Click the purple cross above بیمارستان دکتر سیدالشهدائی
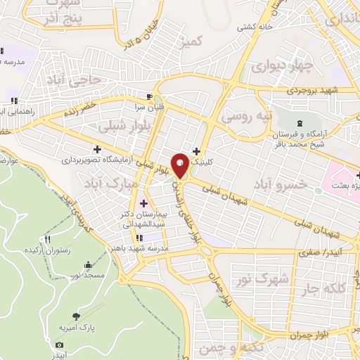tap(144, 203)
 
